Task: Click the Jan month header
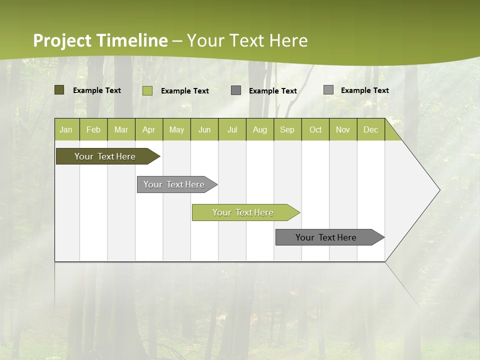coord(66,129)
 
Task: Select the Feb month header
coord(93,129)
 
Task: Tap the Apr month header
coord(148,129)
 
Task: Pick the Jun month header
coord(204,129)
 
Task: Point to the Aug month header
coord(260,129)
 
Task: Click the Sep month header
coord(287,129)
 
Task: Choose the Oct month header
coord(315,129)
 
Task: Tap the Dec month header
coord(370,129)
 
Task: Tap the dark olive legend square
coord(59,90)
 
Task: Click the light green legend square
coord(147,90)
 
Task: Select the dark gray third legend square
coord(235,90)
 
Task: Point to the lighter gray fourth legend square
coord(328,90)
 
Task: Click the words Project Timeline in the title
coord(100,40)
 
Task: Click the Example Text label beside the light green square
coord(184,91)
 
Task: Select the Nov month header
coord(343,129)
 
